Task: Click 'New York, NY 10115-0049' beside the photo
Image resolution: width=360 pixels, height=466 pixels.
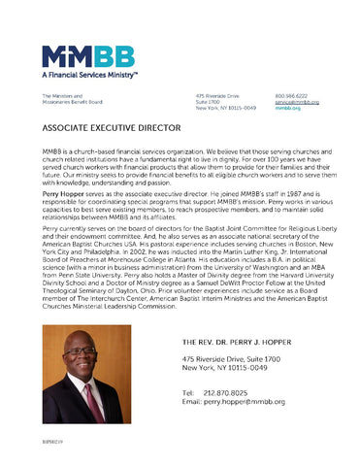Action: pyautogui.click(x=226, y=368)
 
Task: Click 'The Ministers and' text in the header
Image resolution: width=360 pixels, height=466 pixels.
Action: pyautogui.click(x=61, y=96)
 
